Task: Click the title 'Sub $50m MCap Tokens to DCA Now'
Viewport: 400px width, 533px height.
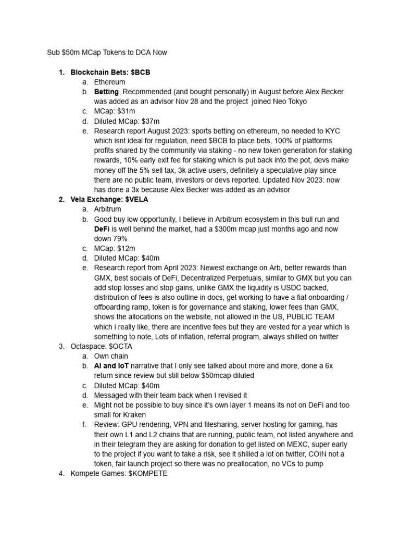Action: coord(107,53)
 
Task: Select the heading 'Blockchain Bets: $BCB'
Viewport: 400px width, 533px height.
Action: coord(110,72)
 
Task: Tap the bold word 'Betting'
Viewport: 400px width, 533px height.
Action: coord(106,92)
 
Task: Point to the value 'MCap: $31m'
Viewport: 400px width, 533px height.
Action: coord(115,111)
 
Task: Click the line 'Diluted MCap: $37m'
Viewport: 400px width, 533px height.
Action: coord(127,121)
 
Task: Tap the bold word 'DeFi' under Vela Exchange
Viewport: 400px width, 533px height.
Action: coord(102,229)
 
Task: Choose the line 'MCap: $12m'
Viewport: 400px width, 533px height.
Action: coord(115,248)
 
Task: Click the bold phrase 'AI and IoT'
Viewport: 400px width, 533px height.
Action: coord(111,366)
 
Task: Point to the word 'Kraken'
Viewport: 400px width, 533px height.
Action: coord(134,415)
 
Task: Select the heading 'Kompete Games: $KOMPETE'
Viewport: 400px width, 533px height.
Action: coord(119,474)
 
